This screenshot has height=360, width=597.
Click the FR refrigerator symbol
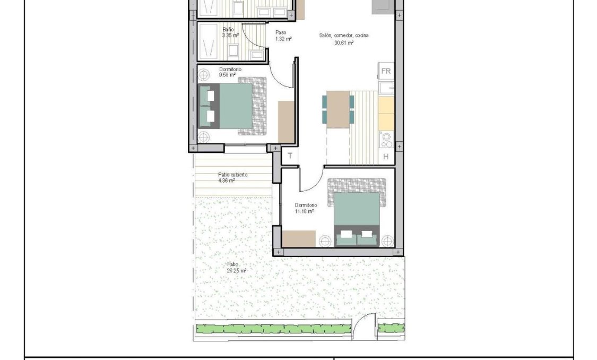click(x=386, y=71)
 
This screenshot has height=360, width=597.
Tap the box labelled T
click(x=290, y=156)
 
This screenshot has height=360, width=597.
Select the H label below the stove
click(x=386, y=157)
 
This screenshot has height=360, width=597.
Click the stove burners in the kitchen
click(x=386, y=140)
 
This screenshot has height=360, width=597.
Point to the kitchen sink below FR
click(x=386, y=87)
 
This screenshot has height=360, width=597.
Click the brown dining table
click(x=338, y=108)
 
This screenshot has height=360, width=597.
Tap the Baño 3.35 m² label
click(x=230, y=32)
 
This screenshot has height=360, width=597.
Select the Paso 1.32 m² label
click(x=281, y=36)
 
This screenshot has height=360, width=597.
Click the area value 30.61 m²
click(x=344, y=42)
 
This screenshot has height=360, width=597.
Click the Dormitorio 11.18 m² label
click(x=306, y=208)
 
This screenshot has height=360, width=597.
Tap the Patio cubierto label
click(x=232, y=177)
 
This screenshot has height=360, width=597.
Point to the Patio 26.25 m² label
click(x=236, y=267)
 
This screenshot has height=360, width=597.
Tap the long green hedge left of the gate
click(x=273, y=329)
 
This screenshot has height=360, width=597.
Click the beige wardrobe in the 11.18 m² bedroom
click(x=299, y=239)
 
